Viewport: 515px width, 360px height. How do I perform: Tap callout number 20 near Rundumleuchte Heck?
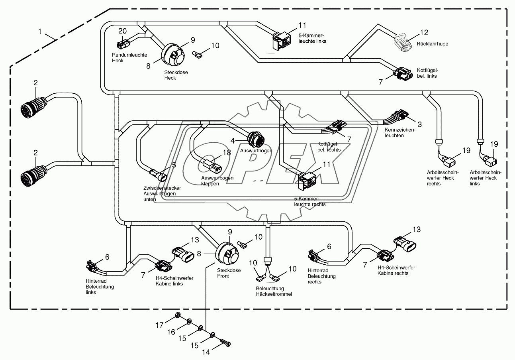point(122,31)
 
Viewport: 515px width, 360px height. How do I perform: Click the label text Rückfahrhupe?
point(432,44)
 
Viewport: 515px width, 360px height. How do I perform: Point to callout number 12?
point(424,33)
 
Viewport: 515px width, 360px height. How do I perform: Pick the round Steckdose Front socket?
point(227,254)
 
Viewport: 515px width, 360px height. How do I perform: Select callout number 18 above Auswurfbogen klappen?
point(227,152)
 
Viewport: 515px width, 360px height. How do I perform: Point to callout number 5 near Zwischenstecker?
point(174,164)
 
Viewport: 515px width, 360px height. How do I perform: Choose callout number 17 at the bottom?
point(159,325)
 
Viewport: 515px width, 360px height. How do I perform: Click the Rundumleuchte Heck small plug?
point(122,44)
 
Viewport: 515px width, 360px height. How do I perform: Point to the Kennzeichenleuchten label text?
point(399,133)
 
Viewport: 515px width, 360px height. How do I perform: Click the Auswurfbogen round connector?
point(254,139)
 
